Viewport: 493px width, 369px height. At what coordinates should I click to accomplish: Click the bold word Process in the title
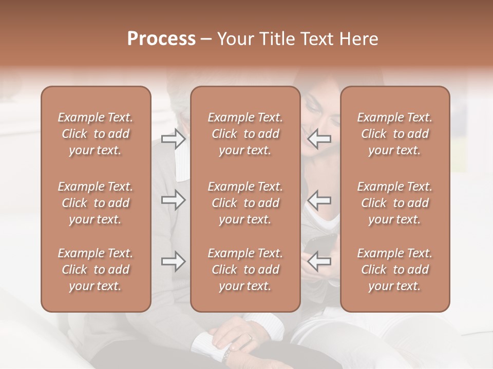[x=161, y=39]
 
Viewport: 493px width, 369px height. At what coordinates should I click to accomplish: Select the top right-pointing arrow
[x=174, y=138]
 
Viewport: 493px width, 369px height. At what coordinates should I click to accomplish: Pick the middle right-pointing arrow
[x=174, y=200]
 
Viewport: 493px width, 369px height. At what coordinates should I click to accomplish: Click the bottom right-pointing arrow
[x=174, y=261]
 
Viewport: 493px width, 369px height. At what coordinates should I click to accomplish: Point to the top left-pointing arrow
[x=319, y=138]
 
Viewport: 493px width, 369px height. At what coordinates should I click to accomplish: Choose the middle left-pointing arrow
[x=319, y=200]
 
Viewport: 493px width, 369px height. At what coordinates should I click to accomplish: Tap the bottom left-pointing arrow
[x=319, y=261]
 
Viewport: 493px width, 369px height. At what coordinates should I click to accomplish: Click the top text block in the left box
[x=96, y=134]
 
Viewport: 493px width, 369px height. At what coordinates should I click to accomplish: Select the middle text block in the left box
[x=96, y=203]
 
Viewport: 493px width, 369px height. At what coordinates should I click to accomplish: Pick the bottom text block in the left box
[x=96, y=270]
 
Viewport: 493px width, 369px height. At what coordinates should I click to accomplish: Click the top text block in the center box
[x=245, y=134]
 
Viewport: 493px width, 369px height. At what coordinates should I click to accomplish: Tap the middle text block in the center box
[x=245, y=203]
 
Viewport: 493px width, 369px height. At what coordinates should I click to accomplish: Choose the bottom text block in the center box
[x=245, y=270]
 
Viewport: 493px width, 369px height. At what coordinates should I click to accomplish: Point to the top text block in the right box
[x=395, y=134]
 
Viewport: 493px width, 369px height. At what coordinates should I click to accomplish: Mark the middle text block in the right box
[x=395, y=203]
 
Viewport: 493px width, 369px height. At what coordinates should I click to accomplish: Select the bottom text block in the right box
[x=395, y=270]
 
